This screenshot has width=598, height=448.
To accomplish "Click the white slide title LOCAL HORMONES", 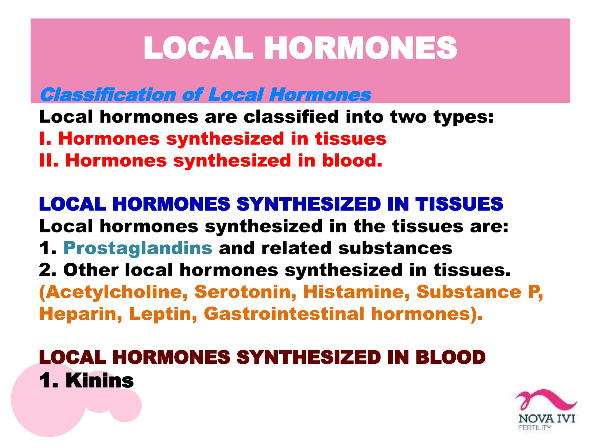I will pos(300,48).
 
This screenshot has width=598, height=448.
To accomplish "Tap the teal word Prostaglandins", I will pos(138,248).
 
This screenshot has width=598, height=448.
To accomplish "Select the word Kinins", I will pos(100,381).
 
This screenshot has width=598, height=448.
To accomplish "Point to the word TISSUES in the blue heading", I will pos(459,204).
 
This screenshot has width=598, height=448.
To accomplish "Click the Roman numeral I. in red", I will pos(45,139).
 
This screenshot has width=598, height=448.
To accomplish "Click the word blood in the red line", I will pos(352,161).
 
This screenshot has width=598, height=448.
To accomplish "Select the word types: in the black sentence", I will pos(463,117).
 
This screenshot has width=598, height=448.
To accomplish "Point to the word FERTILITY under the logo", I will pos(534,428).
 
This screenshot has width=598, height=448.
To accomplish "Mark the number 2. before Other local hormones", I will pos(47,270).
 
